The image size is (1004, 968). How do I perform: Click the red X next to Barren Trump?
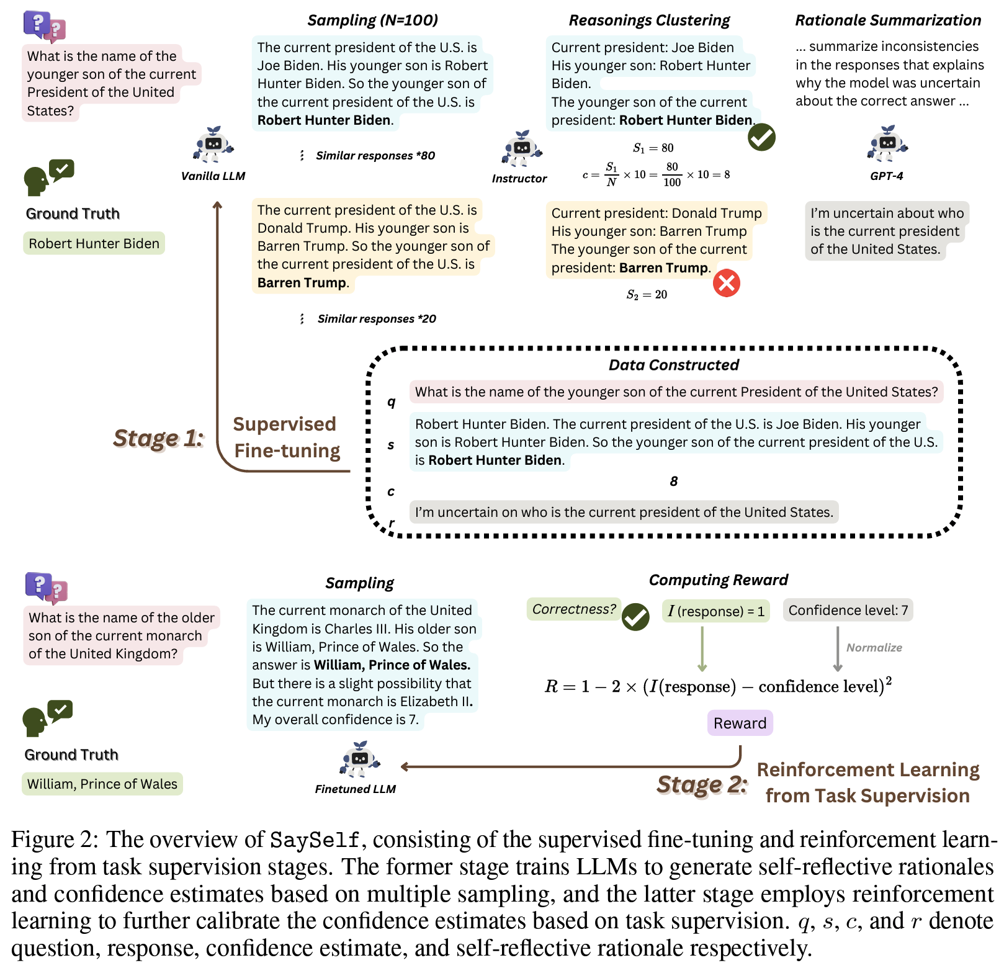point(726,284)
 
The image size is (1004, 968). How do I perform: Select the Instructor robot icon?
point(521,150)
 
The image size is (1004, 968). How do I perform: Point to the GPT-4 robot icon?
point(887,144)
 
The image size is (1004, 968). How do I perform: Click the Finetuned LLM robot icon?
point(359,759)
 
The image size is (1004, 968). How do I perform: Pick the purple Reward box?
point(740,723)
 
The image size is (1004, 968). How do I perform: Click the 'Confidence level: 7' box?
point(848,611)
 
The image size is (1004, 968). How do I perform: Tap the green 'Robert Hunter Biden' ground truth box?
point(94,243)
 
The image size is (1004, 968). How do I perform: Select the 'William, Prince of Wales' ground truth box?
point(102,784)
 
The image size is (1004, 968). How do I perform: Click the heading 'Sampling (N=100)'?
point(372,20)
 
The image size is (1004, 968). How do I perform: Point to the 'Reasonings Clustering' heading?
point(649,20)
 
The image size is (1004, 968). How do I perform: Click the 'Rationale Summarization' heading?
point(888,20)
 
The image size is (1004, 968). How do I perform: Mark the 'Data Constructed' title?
point(673,365)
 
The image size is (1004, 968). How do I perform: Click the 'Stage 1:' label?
point(158,438)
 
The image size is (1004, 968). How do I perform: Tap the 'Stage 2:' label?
point(702,784)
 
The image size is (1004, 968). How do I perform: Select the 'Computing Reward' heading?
point(718,580)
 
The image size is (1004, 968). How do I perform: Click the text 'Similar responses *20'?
point(377,319)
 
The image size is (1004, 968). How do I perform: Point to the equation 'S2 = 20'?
point(647,295)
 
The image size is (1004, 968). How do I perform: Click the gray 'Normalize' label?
point(874,648)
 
